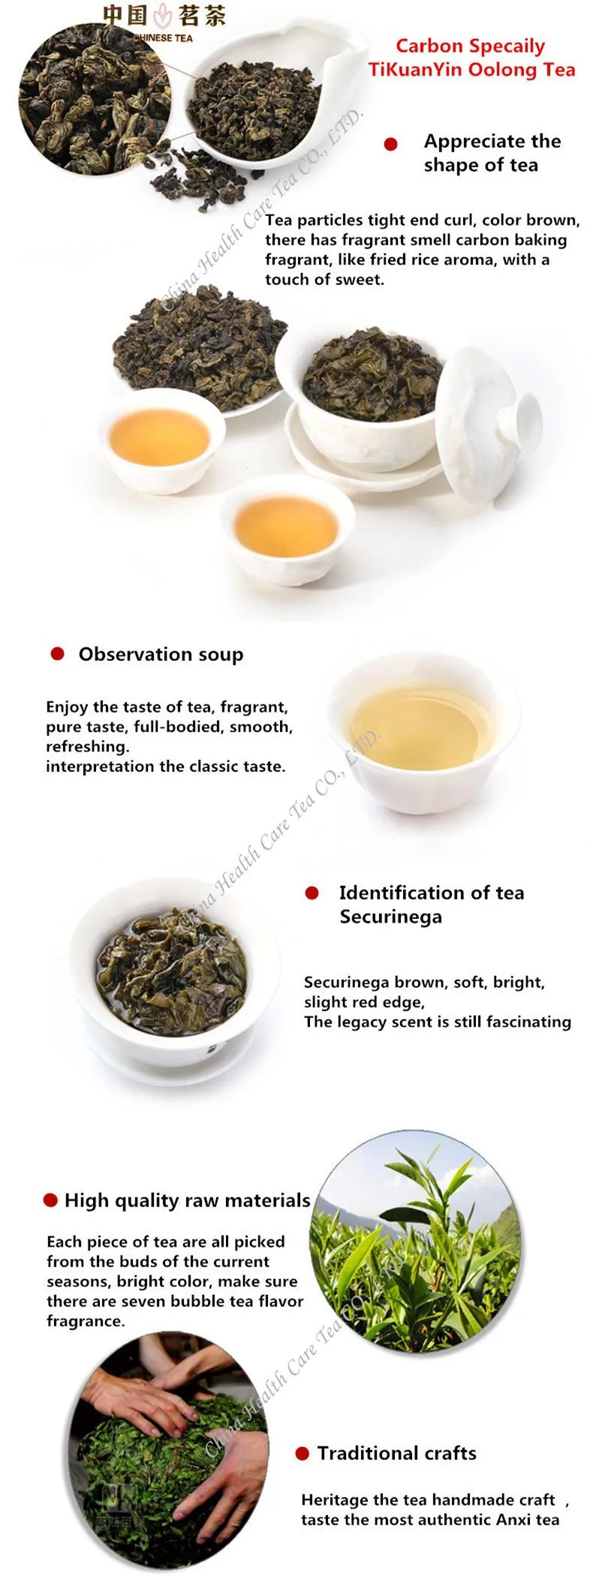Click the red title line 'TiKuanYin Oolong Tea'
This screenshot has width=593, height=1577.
[471, 70]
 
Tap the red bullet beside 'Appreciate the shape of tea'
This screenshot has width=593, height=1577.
[390, 144]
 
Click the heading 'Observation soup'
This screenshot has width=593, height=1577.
[161, 654]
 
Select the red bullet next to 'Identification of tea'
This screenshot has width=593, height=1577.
[312, 893]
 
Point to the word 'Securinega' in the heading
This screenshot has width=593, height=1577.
[390, 917]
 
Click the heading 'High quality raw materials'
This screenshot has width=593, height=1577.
[187, 1200]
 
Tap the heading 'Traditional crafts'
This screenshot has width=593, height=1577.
[396, 1453]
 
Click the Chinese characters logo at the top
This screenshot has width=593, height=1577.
[164, 17]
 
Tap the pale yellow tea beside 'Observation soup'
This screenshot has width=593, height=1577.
[423, 725]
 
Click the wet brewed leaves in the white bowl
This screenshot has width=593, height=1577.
[171, 962]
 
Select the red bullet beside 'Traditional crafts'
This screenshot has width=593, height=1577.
[303, 1454]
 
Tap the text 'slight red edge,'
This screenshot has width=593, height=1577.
[364, 1002]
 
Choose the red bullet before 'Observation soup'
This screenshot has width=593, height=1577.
[57, 653]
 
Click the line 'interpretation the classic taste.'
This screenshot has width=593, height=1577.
[165, 767]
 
